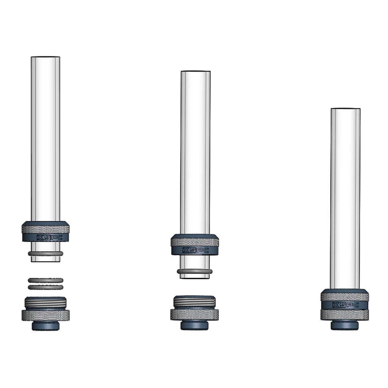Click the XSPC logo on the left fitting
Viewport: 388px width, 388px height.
50,238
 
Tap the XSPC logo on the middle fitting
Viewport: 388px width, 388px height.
196,250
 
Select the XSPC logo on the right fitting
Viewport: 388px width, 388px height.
346,305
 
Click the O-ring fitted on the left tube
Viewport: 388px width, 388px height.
45,253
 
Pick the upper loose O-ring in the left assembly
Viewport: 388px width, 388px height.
45,280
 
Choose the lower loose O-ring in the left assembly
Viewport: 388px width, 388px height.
45,287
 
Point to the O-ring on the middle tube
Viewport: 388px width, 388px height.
195,271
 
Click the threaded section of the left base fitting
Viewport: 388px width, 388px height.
45,302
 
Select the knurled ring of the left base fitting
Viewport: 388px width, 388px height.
45,315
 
